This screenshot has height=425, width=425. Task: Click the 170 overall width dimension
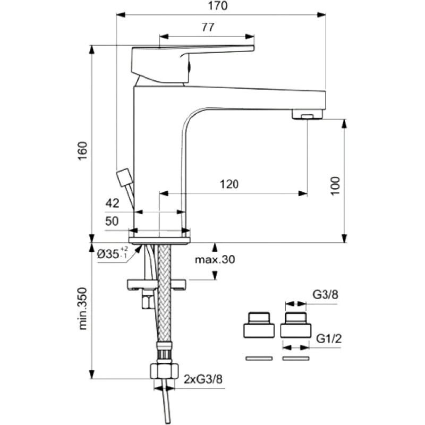point(218,6)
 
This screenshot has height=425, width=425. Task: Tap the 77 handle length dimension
point(208,27)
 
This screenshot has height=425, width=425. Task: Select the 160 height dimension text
point(83,151)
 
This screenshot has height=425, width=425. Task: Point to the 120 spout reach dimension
point(229,184)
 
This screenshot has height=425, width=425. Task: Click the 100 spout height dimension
point(335,185)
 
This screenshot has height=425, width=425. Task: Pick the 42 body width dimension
point(112,203)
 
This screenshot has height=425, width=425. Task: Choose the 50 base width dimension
point(112,221)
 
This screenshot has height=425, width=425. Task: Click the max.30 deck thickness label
point(215,259)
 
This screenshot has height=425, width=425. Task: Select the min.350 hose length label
point(83,309)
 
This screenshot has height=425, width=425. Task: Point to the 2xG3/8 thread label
point(203,379)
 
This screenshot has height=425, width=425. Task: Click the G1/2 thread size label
point(329,338)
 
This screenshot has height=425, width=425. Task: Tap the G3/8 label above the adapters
point(326,295)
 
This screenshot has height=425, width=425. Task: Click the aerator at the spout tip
point(308,114)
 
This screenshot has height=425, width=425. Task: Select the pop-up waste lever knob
point(124,177)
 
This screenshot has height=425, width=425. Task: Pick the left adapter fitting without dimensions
point(259,325)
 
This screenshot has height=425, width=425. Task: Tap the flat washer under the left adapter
point(259,358)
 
